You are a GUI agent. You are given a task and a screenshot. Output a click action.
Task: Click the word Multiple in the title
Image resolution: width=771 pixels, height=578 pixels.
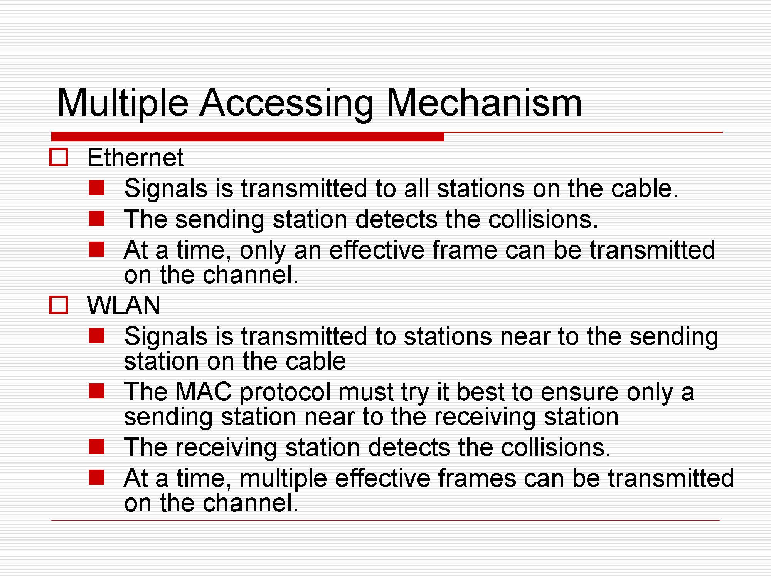pyautogui.click(x=123, y=103)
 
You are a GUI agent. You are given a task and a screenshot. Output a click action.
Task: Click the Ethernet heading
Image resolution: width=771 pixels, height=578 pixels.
pyautogui.click(x=135, y=158)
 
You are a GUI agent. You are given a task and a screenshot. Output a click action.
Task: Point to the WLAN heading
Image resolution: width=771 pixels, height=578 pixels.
pyautogui.click(x=123, y=306)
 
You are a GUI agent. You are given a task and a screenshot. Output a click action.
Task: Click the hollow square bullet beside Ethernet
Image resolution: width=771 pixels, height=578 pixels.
pyautogui.click(x=59, y=157)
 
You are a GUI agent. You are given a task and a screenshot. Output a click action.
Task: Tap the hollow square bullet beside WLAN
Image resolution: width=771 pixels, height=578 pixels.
pyautogui.click(x=59, y=305)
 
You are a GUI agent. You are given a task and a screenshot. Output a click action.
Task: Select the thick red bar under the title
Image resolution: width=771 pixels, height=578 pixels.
pyautogui.click(x=247, y=137)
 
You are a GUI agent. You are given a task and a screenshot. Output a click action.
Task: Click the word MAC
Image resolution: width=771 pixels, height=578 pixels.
pyautogui.click(x=203, y=392)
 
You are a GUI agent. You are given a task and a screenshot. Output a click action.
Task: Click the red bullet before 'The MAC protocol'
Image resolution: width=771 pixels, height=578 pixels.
pyautogui.click(x=96, y=391)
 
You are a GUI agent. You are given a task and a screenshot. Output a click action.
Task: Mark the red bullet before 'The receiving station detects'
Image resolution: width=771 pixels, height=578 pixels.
pyautogui.click(x=96, y=447)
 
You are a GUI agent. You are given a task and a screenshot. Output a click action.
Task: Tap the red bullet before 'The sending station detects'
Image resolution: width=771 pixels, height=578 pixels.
pyautogui.click(x=96, y=218)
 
